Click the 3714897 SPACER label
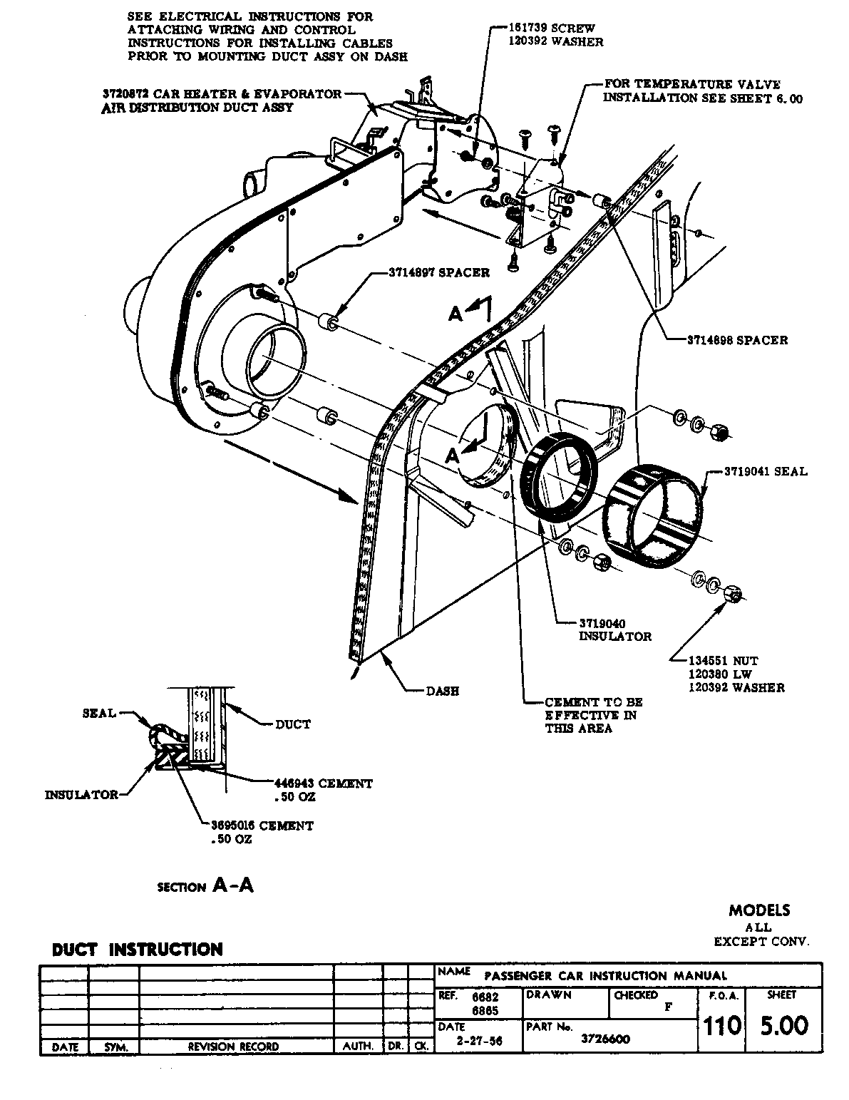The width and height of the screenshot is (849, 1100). coord(439,273)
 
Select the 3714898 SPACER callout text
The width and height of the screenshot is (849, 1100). coord(737,340)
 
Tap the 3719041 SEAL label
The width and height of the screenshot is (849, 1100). coord(766,471)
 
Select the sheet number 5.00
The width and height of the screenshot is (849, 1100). coord(783,1025)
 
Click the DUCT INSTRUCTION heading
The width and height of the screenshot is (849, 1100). coord(138,950)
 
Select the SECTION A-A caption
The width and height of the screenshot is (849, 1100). coord(205,886)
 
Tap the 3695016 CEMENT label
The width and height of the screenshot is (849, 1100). coord(262,826)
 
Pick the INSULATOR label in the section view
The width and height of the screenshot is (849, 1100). coord(82,794)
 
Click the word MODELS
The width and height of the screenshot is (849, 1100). coord(759,910)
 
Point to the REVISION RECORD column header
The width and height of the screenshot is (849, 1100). coord(233,1047)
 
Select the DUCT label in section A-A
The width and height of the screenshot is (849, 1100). coord(293,724)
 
